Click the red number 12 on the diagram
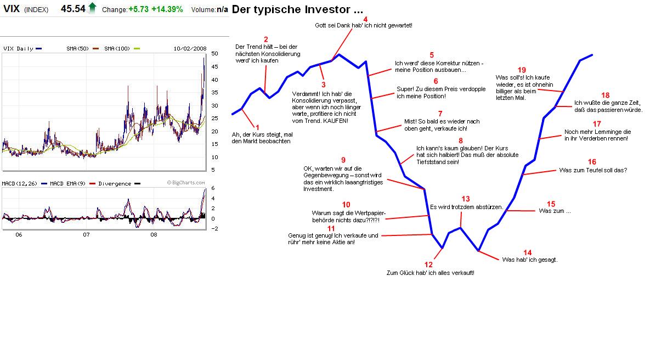[x=429, y=265]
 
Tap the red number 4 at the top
[x=365, y=19]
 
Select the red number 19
[x=522, y=70]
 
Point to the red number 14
[x=528, y=252]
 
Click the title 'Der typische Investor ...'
[x=297, y=9]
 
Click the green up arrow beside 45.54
[x=92, y=8]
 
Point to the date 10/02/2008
[x=190, y=48]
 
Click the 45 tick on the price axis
[x=215, y=66]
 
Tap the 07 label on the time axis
[x=86, y=235]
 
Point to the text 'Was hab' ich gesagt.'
[x=529, y=260]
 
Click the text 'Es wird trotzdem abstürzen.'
[x=466, y=207]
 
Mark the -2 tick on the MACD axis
[x=216, y=228]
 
